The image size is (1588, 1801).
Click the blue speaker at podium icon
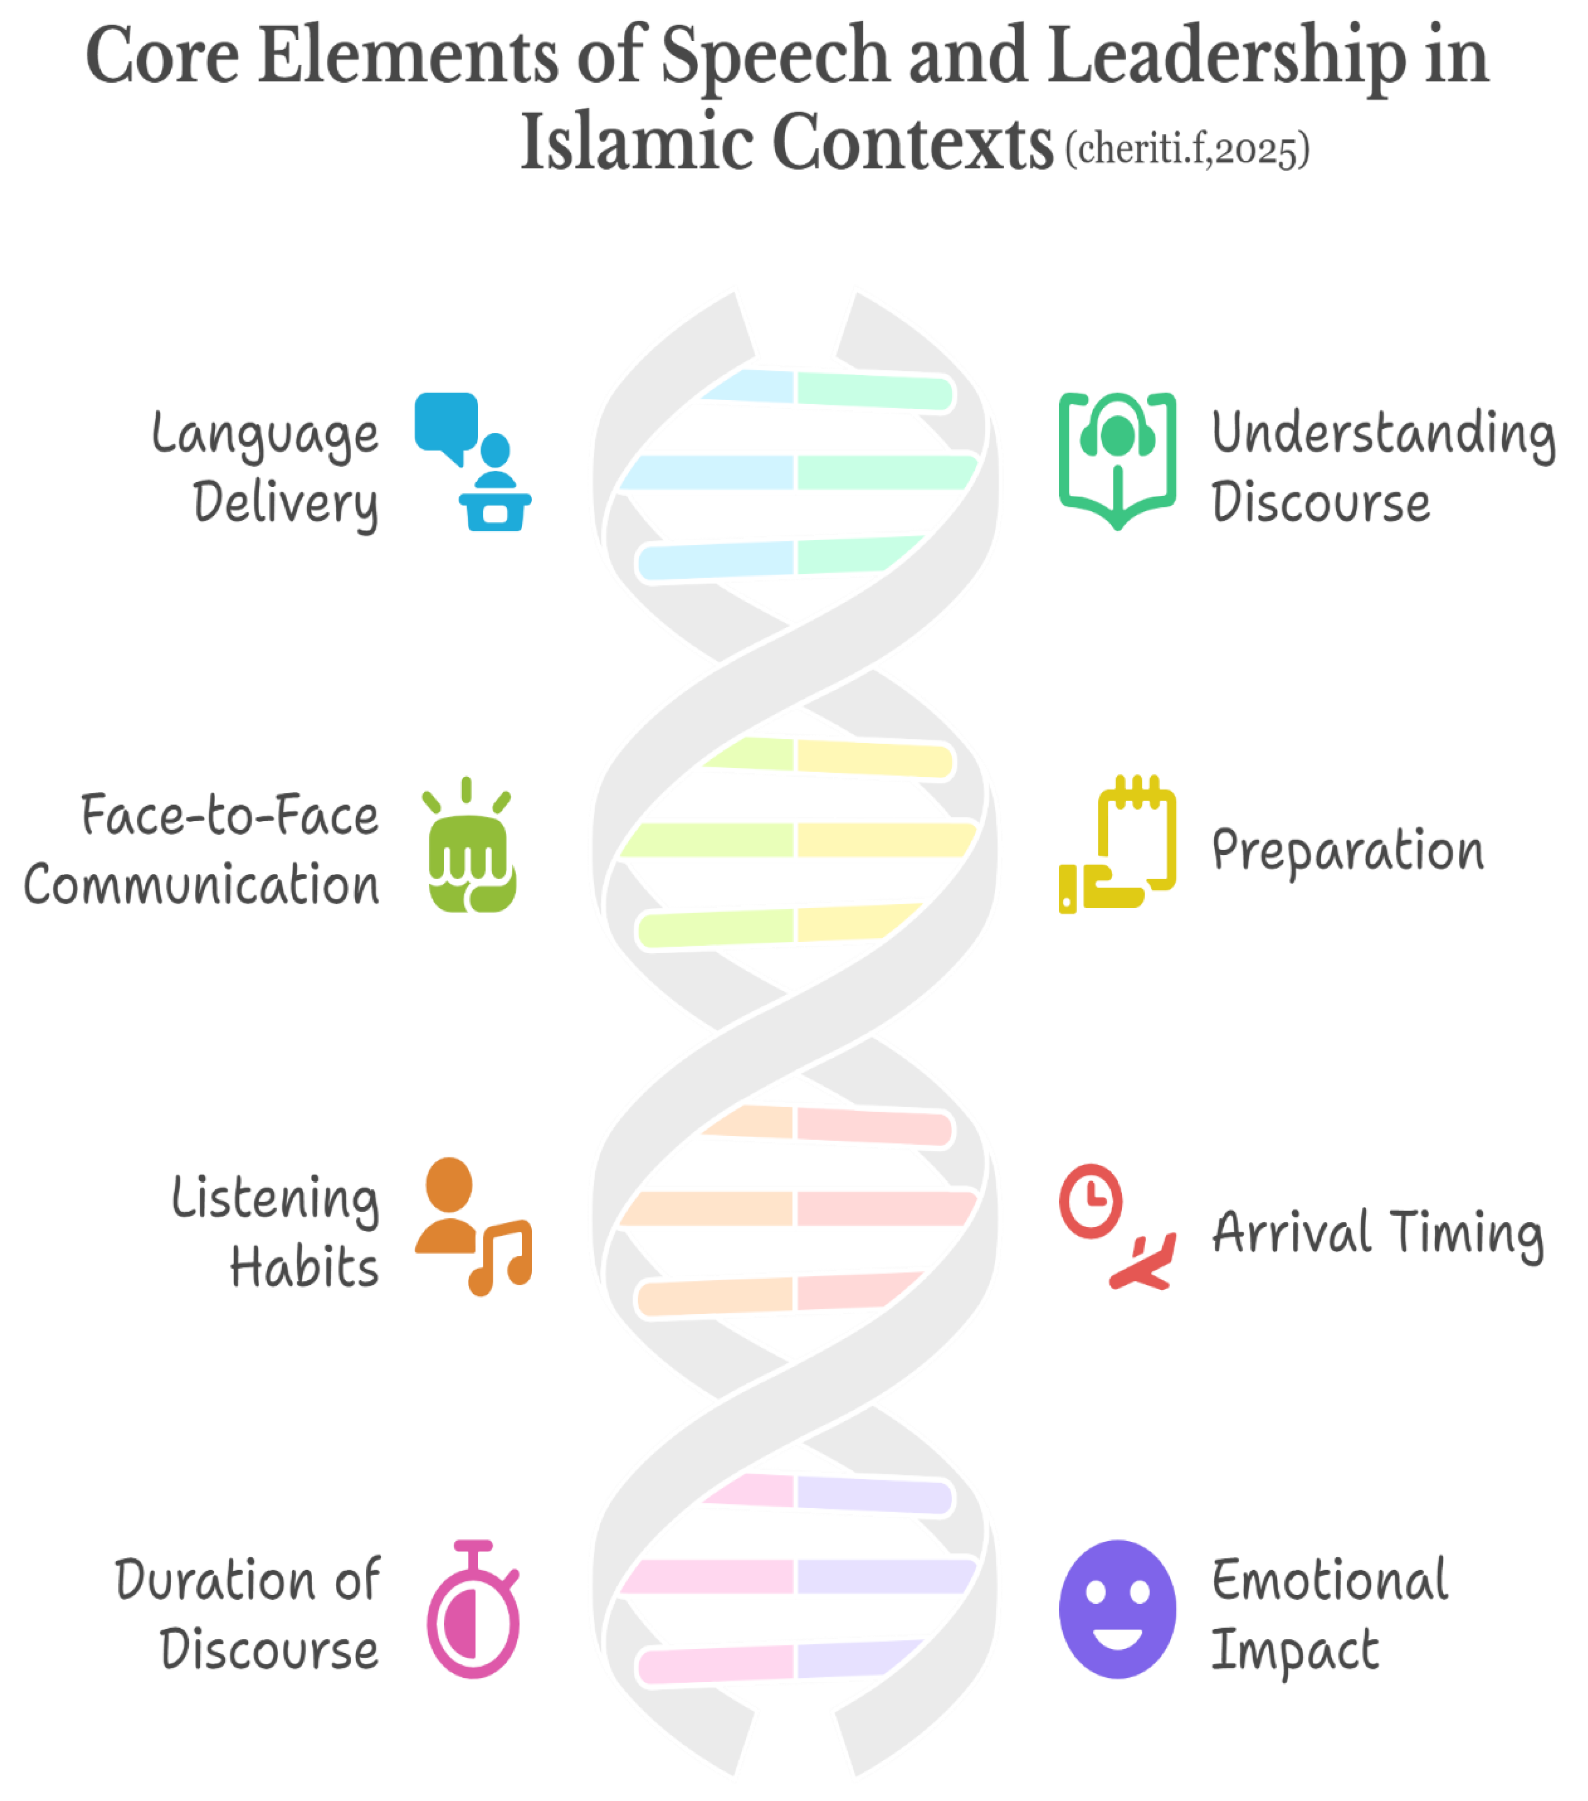(473, 461)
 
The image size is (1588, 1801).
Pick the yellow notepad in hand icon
(1117, 844)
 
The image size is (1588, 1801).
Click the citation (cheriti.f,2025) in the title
(1187, 150)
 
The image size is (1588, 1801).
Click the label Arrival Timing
(1377, 1234)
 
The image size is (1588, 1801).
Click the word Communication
(202, 885)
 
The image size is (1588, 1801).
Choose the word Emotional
(1329, 1580)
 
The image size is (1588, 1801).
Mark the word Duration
(214, 1580)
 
